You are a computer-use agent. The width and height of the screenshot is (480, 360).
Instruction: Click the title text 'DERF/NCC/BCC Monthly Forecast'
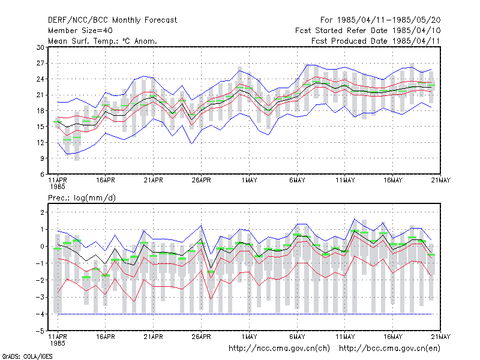point(112,20)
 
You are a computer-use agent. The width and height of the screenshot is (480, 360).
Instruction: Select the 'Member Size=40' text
point(80,31)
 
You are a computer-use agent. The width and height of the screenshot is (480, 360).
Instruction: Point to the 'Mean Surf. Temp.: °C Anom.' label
point(103,41)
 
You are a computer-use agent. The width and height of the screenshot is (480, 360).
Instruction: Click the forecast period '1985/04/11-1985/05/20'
point(389,20)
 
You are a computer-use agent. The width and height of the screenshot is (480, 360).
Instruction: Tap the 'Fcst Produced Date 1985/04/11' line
point(376,41)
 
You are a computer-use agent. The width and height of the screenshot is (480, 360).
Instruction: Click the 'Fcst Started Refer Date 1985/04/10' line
point(368,31)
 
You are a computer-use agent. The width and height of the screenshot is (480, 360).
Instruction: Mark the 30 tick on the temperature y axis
point(40,47)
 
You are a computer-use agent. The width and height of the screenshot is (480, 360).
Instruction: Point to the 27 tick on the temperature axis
point(40,64)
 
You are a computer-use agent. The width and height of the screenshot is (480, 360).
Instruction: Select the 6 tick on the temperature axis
point(42,174)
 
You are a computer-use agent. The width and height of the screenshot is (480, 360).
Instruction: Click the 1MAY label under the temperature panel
point(249,181)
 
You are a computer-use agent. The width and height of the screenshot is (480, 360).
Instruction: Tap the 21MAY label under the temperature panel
point(441,181)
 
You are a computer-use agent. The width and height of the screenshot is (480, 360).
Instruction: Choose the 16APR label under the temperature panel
point(106,181)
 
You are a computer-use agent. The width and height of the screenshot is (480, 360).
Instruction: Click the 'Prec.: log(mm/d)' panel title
point(82,198)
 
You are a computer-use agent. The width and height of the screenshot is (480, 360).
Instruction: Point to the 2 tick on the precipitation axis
point(42,212)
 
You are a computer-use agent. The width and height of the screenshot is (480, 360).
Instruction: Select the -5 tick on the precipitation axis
point(40,331)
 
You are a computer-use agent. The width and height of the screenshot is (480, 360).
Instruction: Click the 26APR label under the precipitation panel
point(201,337)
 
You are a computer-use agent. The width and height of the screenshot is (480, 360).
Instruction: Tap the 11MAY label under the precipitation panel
point(345,337)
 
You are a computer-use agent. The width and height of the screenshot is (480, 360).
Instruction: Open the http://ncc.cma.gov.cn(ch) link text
point(279,349)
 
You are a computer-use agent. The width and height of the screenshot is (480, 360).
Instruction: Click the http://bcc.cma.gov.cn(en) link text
point(389,349)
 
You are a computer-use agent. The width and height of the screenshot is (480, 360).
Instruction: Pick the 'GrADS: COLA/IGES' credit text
point(27,356)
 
